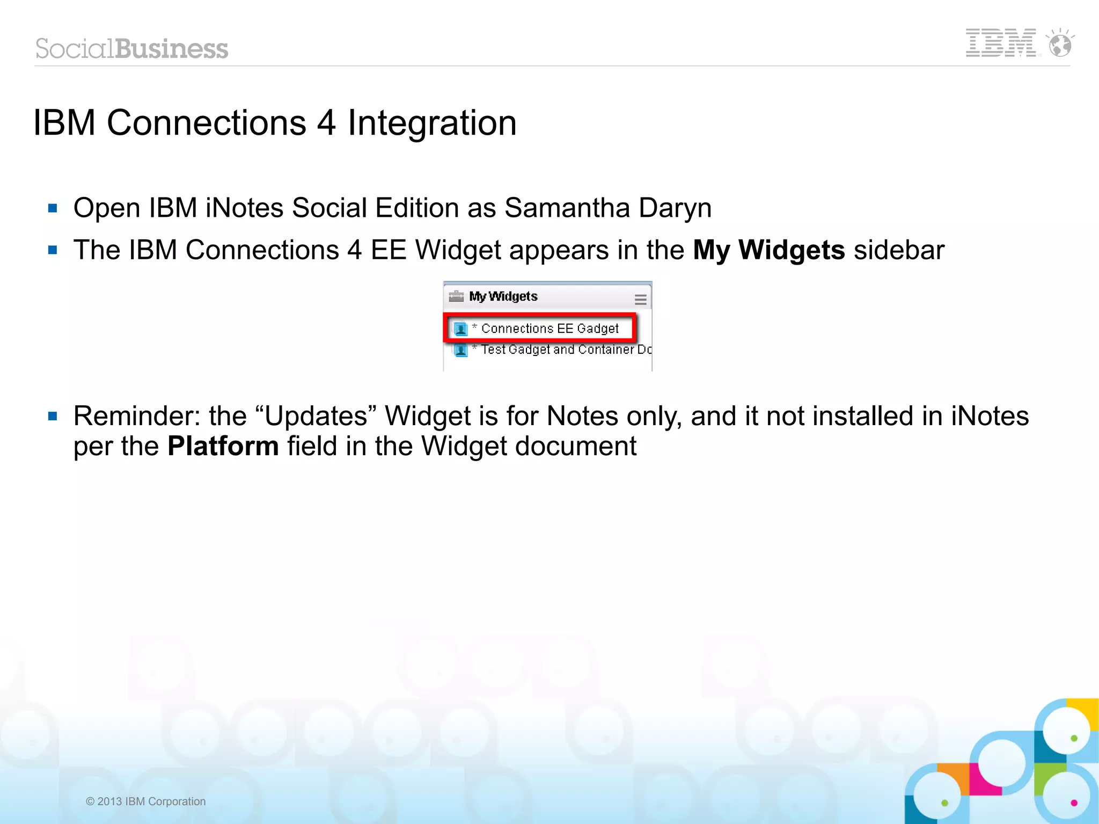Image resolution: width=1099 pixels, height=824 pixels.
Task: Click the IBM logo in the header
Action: coord(1001,43)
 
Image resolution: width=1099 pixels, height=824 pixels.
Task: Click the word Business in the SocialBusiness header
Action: coord(172,49)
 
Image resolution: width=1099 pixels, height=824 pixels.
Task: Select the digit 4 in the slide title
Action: coord(326,123)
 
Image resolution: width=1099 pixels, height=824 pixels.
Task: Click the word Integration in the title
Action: coord(432,124)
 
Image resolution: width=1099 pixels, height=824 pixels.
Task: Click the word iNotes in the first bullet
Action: coord(244,208)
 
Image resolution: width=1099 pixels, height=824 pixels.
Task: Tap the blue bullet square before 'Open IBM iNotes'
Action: coord(53,208)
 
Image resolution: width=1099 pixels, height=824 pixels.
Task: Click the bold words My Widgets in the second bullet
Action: coord(768,250)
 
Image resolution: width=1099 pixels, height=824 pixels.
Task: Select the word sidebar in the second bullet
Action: coord(899,250)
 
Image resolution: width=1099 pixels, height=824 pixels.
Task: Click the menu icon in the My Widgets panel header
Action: coord(640,300)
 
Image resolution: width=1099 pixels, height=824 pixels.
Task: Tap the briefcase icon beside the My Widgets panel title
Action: coord(456,296)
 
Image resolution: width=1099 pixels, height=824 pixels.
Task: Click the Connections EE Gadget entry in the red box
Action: coord(549,329)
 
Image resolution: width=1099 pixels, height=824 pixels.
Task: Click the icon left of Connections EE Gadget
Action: coord(460,329)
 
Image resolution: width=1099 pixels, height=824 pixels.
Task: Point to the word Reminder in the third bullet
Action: coord(136,416)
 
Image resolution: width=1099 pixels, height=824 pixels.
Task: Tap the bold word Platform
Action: coord(223,446)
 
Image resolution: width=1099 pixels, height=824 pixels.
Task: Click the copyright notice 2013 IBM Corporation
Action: coord(146,801)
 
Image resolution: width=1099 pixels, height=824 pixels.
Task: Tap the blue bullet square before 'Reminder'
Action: coord(53,416)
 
